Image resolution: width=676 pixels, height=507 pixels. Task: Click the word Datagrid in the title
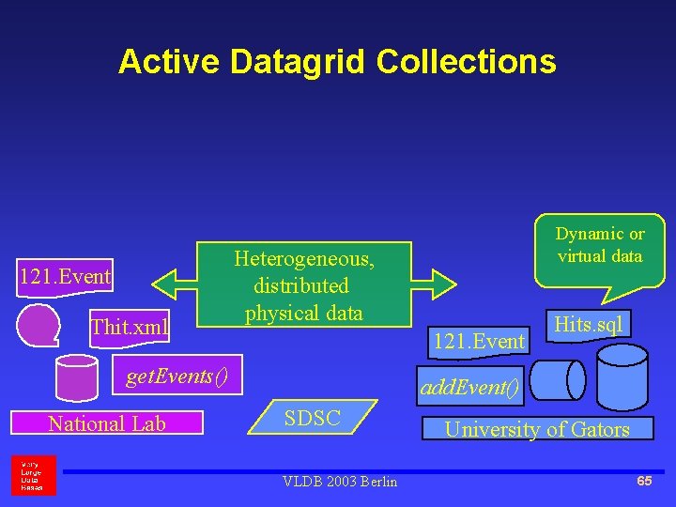298,62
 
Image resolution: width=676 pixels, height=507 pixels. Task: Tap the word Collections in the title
466,62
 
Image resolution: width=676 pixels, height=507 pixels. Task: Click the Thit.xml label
130,327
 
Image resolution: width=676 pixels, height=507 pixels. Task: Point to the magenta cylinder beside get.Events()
77,377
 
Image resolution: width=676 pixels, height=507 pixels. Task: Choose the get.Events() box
177,376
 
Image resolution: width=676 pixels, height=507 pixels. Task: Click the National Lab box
107,423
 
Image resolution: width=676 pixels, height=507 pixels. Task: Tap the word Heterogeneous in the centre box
303,258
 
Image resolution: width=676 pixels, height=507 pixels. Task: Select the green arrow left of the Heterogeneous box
174,281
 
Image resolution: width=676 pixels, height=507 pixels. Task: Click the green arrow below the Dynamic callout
441,281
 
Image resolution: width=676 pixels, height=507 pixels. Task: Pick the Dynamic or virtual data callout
599,248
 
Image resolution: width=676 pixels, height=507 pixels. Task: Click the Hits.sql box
589,324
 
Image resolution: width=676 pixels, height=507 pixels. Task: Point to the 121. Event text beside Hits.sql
478,341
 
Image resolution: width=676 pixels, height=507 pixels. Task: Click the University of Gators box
536,429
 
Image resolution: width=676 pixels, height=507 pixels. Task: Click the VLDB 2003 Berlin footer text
339,482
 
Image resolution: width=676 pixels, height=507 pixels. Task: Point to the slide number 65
644,481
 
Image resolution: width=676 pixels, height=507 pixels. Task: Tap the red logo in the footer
33,475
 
